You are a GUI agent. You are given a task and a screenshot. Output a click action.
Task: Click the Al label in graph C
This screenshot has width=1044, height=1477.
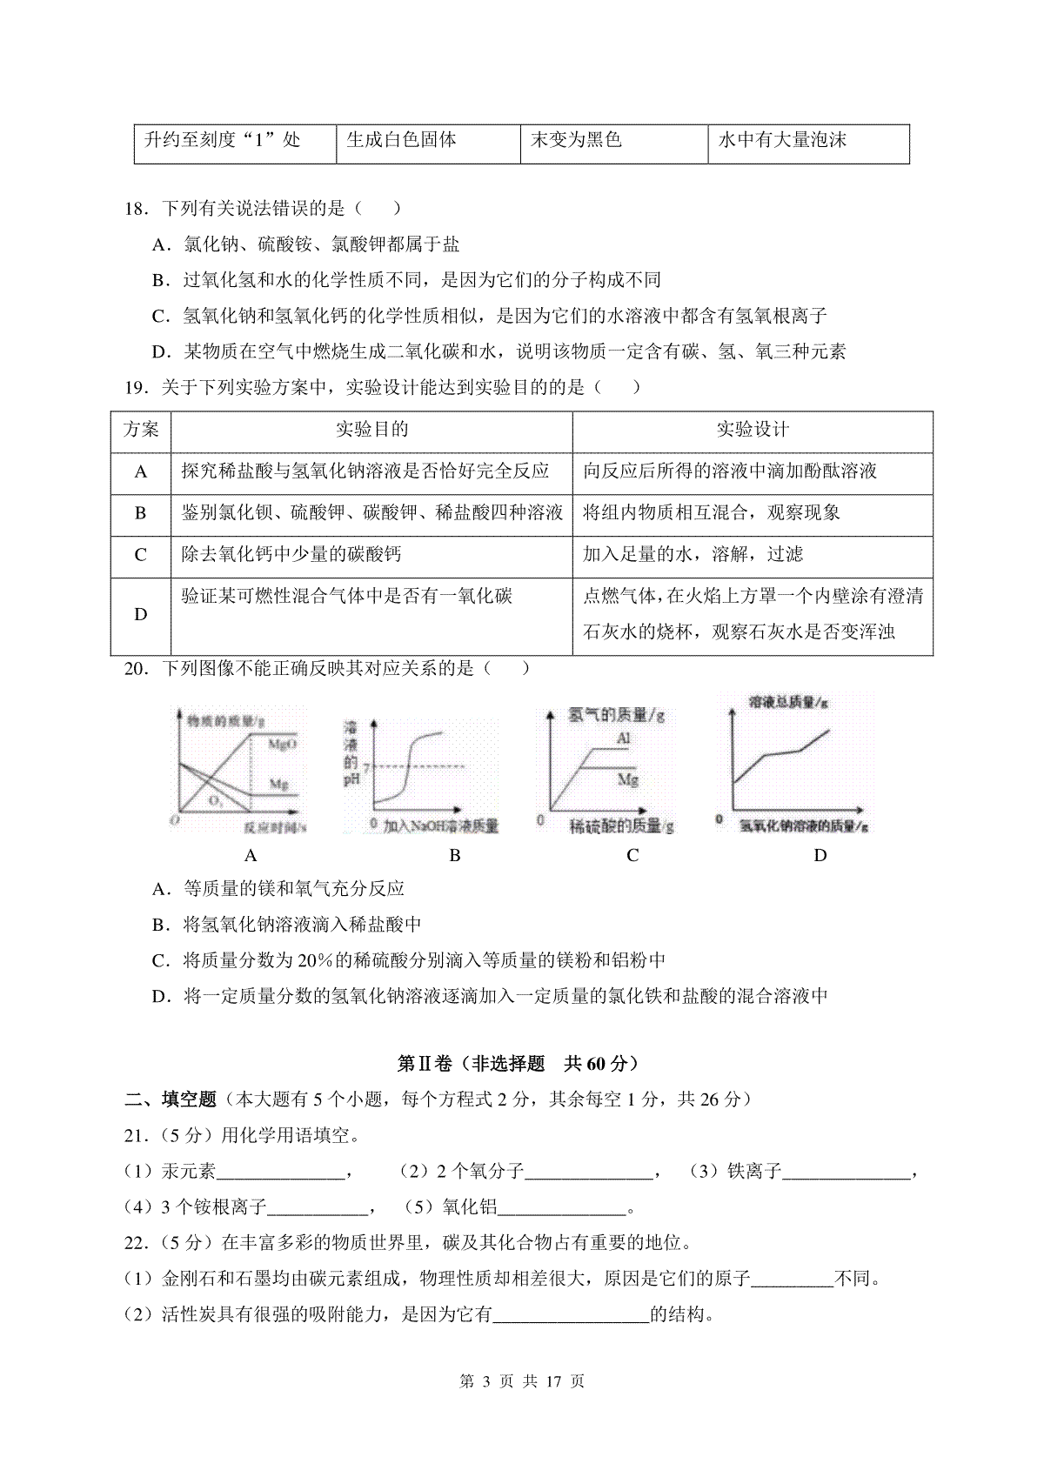[623, 738]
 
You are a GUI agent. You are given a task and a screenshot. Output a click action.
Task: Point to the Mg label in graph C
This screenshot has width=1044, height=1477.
[628, 779]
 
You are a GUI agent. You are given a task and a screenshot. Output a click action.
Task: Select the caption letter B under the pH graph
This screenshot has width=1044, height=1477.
[454, 856]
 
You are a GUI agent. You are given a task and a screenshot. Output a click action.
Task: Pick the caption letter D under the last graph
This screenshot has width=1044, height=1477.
[820, 856]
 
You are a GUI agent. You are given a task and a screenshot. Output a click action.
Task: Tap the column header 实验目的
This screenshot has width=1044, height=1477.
[371, 430]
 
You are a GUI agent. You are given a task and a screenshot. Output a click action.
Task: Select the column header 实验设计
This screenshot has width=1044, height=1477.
[753, 430]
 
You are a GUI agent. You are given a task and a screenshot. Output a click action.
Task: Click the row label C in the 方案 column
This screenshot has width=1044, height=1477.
[140, 555]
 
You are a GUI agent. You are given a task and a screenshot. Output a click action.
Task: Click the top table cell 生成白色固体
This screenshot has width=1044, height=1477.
[401, 140]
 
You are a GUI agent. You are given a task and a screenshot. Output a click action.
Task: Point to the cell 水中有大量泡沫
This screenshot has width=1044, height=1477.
[782, 140]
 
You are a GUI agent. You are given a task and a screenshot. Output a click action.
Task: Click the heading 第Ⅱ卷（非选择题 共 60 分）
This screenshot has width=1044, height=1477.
[519, 1064]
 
